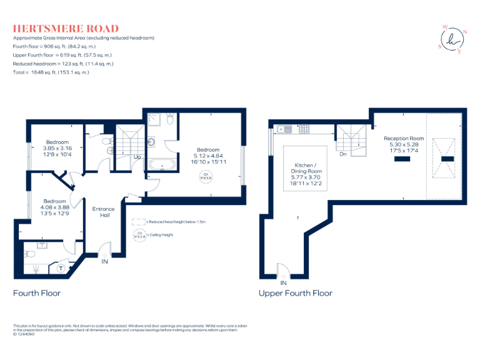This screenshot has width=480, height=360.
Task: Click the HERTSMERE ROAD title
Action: (x=66, y=29)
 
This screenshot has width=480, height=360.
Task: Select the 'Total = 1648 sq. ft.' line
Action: (x=51, y=72)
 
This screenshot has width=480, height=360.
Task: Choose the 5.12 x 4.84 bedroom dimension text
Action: (x=208, y=156)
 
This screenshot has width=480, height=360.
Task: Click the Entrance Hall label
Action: (x=103, y=212)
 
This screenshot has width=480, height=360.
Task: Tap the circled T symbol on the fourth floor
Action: (x=61, y=267)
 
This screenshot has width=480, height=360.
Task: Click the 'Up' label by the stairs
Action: (x=136, y=157)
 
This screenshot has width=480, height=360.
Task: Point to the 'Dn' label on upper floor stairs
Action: (x=343, y=154)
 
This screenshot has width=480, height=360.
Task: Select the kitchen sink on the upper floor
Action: (x=288, y=129)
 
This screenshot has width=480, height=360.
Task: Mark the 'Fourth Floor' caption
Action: (x=37, y=292)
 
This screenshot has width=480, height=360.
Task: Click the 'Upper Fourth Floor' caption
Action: (x=295, y=292)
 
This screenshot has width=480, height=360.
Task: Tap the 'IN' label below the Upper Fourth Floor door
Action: (x=283, y=282)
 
